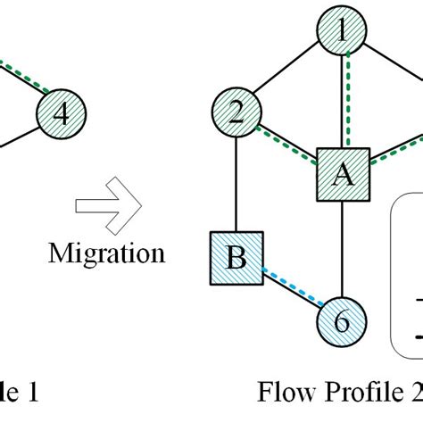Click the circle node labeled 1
[341, 34]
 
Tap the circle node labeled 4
[61, 113]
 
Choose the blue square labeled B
[236, 258]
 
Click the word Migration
[106, 253]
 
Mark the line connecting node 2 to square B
[235, 183]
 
